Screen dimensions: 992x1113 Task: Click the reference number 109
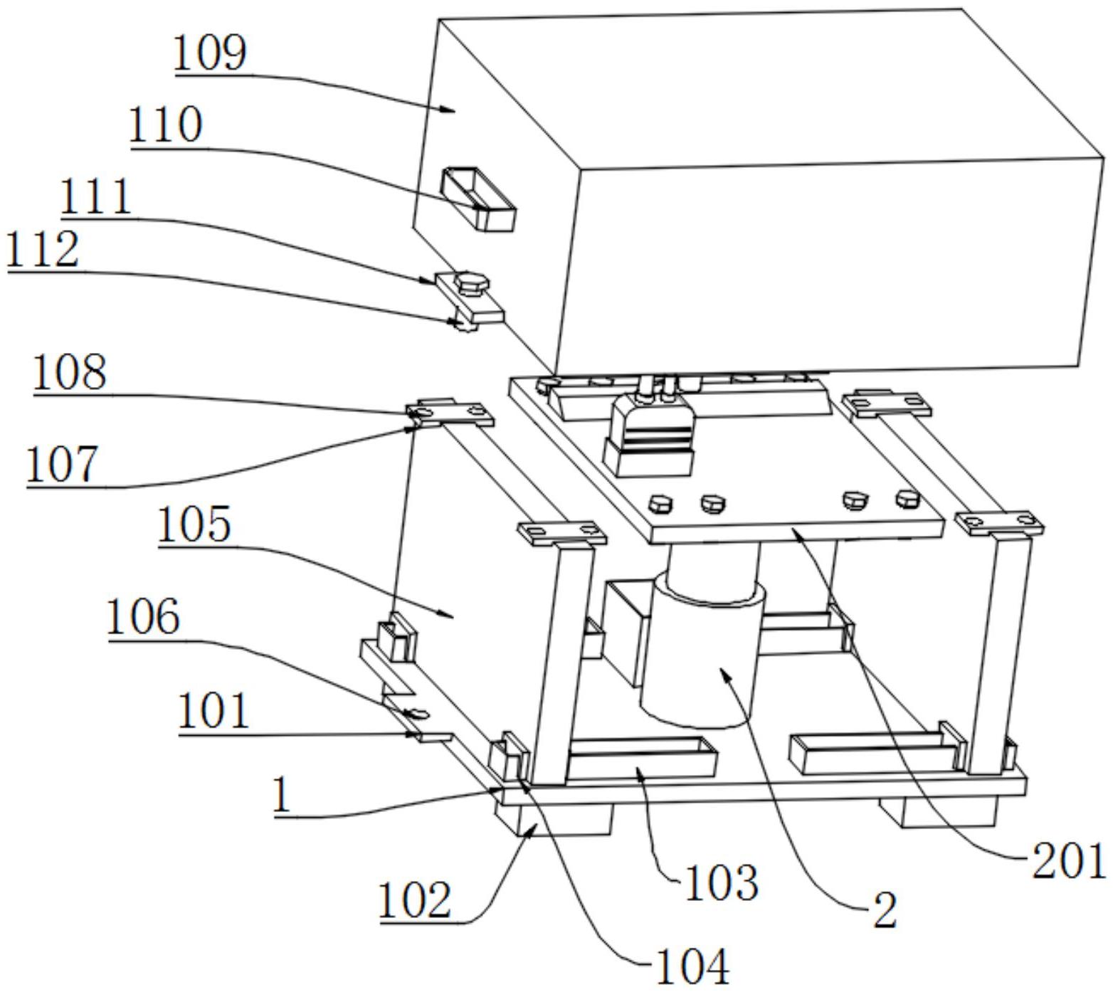(x=210, y=53)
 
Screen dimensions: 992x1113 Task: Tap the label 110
(x=166, y=125)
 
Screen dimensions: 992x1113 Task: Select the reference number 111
(x=96, y=197)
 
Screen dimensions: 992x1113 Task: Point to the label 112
(x=42, y=250)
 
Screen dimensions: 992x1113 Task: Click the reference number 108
(x=70, y=372)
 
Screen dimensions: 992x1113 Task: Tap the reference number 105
(x=194, y=525)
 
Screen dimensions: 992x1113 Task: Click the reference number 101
(x=213, y=712)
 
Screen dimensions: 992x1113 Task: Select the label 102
(x=415, y=901)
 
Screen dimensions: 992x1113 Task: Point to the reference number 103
(x=721, y=882)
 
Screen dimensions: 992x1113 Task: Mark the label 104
(x=692, y=966)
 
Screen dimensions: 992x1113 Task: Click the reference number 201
(x=1068, y=861)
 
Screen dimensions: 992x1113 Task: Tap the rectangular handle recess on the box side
(x=478, y=199)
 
